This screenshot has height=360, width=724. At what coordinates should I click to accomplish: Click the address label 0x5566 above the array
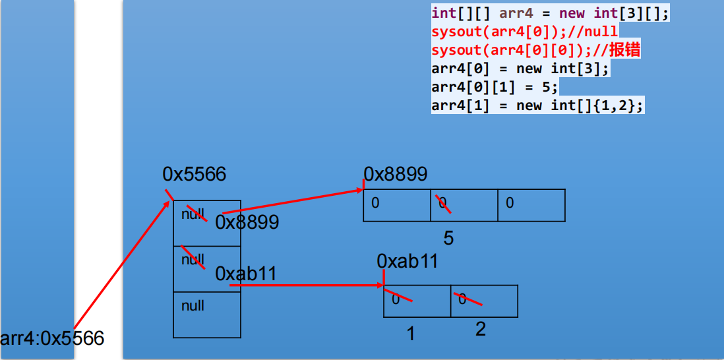click(194, 174)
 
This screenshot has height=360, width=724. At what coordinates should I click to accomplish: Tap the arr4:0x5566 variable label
click(52, 338)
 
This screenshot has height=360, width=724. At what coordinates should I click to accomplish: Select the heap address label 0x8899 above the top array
click(396, 174)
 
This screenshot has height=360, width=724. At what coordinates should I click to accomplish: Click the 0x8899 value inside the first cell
click(247, 222)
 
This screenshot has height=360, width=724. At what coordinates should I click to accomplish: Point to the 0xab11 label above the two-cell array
click(407, 262)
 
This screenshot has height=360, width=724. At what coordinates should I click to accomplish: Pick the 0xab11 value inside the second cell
click(245, 274)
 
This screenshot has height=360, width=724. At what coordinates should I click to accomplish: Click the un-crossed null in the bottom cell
click(193, 306)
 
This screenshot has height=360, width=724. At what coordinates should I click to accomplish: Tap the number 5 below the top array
click(448, 238)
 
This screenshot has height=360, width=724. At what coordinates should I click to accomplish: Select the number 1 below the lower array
click(411, 334)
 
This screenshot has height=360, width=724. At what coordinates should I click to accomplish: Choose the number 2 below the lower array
click(481, 329)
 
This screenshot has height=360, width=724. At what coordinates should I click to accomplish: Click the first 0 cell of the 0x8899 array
click(396, 205)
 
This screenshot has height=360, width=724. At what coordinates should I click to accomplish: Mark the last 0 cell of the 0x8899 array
click(531, 205)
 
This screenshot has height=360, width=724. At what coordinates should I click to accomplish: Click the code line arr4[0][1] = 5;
click(495, 87)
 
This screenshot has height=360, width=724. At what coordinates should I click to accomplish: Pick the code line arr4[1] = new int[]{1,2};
click(537, 105)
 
